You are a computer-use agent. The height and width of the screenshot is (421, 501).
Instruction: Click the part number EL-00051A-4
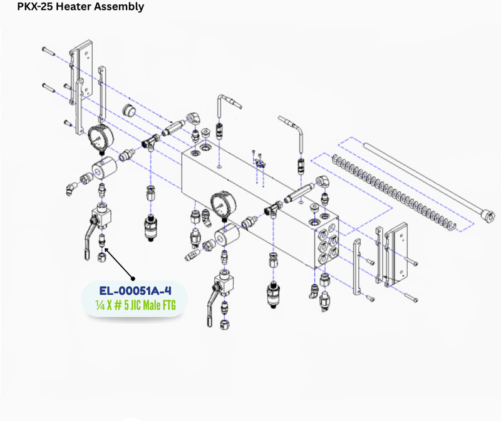click(135, 291)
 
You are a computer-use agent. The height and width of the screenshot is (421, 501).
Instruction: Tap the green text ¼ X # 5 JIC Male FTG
click(135, 306)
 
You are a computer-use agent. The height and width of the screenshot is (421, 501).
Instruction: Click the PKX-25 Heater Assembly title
click(81, 6)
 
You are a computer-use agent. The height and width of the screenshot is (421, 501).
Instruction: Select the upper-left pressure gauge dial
click(101, 137)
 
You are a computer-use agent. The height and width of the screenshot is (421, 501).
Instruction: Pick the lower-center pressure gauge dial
click(224, 204)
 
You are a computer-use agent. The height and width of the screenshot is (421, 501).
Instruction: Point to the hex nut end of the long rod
click(489, 216)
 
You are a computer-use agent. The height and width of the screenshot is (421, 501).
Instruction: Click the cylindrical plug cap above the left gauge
click(129, 110)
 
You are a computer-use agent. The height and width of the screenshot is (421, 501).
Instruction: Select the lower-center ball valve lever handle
click(210, 308)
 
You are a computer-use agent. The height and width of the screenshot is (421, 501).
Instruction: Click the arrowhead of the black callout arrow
click(106, 249)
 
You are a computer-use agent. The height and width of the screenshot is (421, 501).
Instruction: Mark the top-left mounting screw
click(49, 51)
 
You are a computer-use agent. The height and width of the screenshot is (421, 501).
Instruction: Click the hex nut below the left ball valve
click(101, 257)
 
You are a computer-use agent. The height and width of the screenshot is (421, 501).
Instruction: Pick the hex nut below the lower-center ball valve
click(224, 324)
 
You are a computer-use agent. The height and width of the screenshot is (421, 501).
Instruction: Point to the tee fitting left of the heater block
click(151, 141)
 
